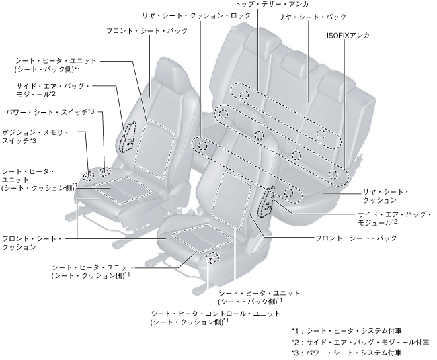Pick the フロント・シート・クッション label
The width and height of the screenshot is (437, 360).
pos(32,242)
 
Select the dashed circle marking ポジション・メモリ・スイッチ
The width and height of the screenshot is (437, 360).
pos(88,176)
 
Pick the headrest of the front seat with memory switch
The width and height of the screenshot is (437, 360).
pos(167,70)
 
